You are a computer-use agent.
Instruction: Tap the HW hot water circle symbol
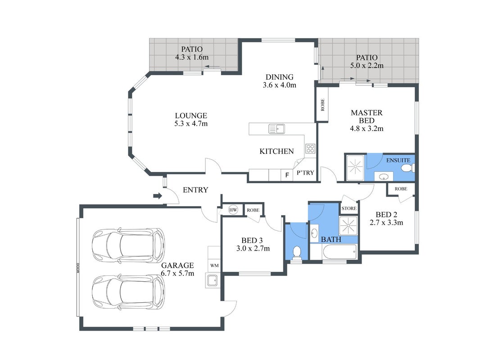click(x=233, y=210)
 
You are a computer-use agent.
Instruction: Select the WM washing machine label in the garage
click(x=214, y=265)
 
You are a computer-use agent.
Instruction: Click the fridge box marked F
click(x=287, y=175)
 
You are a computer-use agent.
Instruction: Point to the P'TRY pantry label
click(x=305, y=173)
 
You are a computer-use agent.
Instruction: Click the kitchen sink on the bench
click(x=276, y=129)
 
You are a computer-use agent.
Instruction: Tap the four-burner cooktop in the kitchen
click(x=310, y=148)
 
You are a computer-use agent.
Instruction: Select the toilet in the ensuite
click(x=407, y=168)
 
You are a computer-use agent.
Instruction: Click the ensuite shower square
click(x=355, y=167)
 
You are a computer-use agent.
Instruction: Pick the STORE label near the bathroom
click(x=349, y=208)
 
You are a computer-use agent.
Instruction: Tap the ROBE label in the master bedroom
click(x=323, y=105)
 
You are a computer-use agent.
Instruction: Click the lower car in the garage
click(x=128, y=292)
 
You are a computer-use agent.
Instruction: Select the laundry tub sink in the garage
click(x=212, y=280)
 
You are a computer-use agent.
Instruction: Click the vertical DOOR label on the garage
click(x=78, y=268)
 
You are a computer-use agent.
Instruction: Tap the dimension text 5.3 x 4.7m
click(x=191, y=124)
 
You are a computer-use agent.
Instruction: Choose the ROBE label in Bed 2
click(x=401, y=189)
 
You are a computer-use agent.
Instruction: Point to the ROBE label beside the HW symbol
click(x=253, y=210)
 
